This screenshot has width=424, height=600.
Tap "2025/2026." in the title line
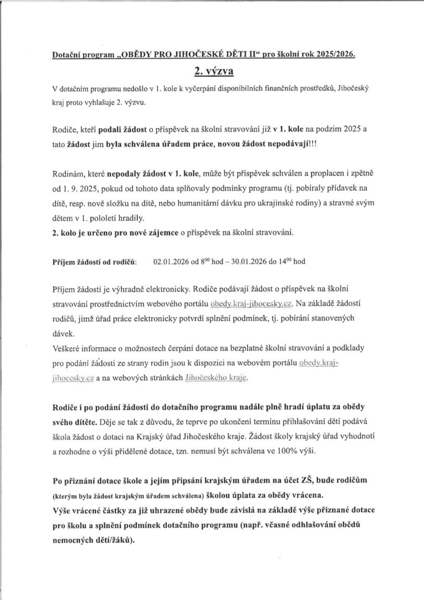[x=331, y=55]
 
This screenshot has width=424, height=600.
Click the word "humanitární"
[x=225, y=204]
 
